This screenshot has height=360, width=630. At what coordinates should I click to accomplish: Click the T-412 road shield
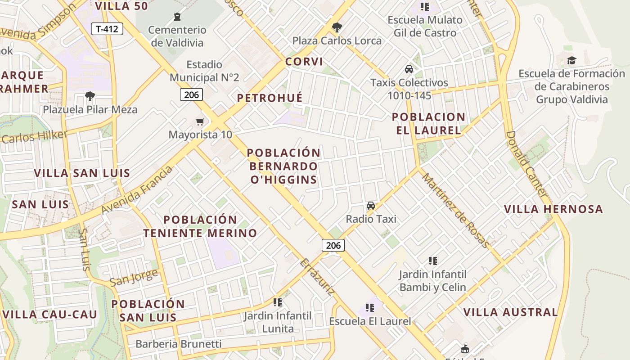(107, 29)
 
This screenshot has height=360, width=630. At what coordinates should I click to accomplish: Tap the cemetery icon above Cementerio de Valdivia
(177, 17)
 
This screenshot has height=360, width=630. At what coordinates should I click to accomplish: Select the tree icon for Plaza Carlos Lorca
(337, 27)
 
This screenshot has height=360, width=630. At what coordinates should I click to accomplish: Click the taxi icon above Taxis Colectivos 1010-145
(409, 69)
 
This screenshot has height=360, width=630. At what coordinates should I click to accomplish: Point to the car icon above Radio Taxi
(371, 206)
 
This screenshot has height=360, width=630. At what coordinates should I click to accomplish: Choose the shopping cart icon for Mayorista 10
(200, 121)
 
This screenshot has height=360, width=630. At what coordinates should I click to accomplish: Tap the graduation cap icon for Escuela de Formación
(571, 60)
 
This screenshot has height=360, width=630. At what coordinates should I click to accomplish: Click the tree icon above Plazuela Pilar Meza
(90, 96)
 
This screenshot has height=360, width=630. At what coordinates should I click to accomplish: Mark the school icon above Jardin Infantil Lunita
(278, 302)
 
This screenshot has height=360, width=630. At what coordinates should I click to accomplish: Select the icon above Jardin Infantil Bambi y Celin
(433, 261)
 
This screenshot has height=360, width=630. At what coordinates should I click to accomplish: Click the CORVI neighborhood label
(304, 62)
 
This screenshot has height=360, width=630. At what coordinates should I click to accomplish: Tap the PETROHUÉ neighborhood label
(270, 98)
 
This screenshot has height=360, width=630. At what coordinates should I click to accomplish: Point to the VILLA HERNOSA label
(553, 209)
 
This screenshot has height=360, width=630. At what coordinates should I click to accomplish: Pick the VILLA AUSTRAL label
(510, 312)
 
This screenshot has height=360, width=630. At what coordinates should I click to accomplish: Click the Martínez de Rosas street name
(455, 211)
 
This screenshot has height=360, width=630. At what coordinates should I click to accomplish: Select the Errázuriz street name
(317, 277)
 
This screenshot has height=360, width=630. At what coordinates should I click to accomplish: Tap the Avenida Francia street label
(137, 190)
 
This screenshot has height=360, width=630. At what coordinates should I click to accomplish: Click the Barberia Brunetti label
(178, 344)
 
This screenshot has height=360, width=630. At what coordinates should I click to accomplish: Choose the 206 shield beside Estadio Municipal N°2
(191, 94)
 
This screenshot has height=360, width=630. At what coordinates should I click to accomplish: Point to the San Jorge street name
(134, 278)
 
